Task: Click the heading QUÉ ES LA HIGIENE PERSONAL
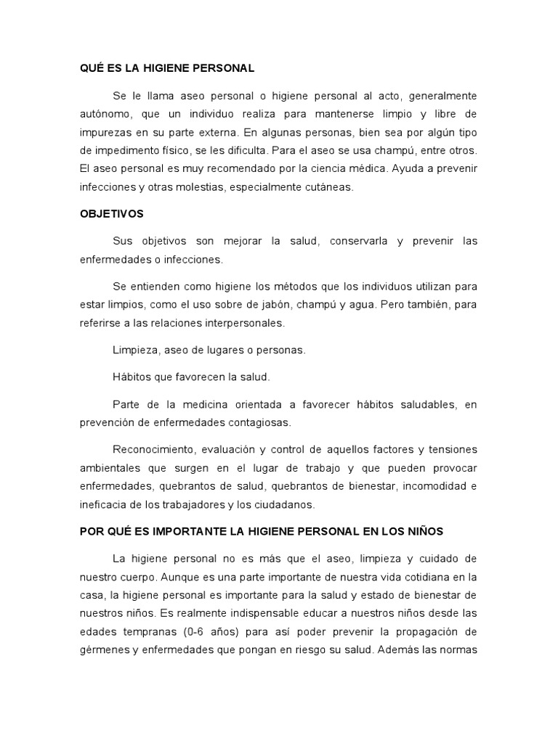tap(167, 68)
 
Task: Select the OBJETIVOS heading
tap(111, 214)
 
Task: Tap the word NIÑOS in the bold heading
tap(426, 531)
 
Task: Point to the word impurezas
tap(106, 133)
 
